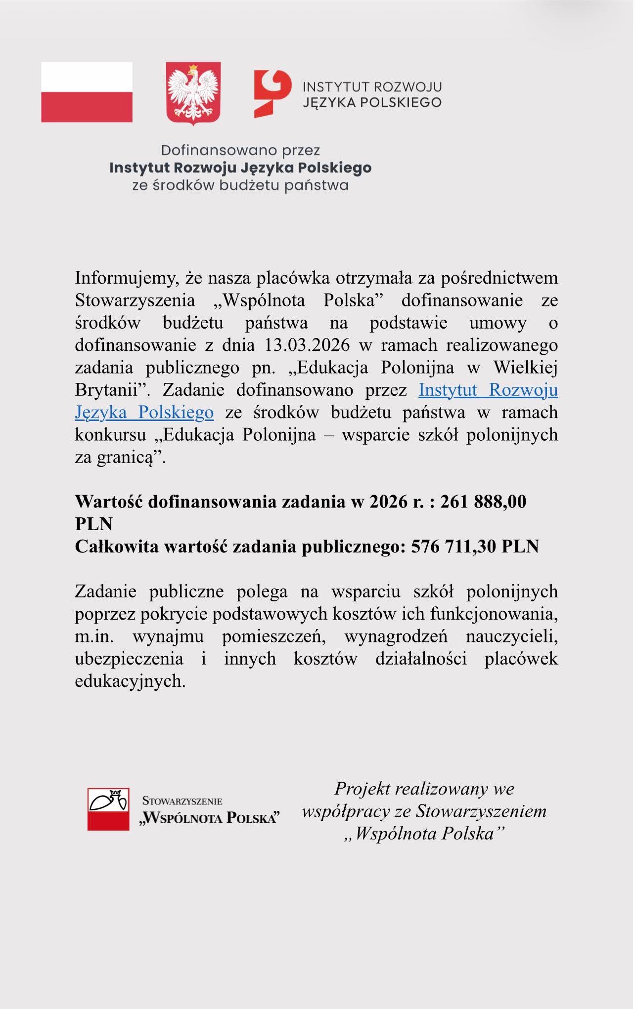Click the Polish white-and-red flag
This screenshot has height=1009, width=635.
[x=87, y=92]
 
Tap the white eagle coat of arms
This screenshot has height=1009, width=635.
[x=193, y=92]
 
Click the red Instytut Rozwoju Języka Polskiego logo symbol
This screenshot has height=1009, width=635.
[x=272, y=93]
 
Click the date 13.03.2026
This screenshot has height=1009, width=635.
[x=307, y=345]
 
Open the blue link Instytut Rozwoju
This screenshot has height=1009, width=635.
[x=488, y=390]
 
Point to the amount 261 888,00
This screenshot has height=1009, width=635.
[x=483, y=502]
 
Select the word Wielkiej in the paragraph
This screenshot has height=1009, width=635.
[x=525, y=367]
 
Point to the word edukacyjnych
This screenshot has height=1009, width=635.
[x=130, y=681]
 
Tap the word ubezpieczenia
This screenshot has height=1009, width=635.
[x=129, y=659]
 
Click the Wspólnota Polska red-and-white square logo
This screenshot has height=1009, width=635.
[x=108, y=809]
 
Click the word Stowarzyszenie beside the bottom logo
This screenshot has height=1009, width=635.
[x=182, y=801]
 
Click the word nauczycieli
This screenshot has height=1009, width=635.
[x=511, y=636]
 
